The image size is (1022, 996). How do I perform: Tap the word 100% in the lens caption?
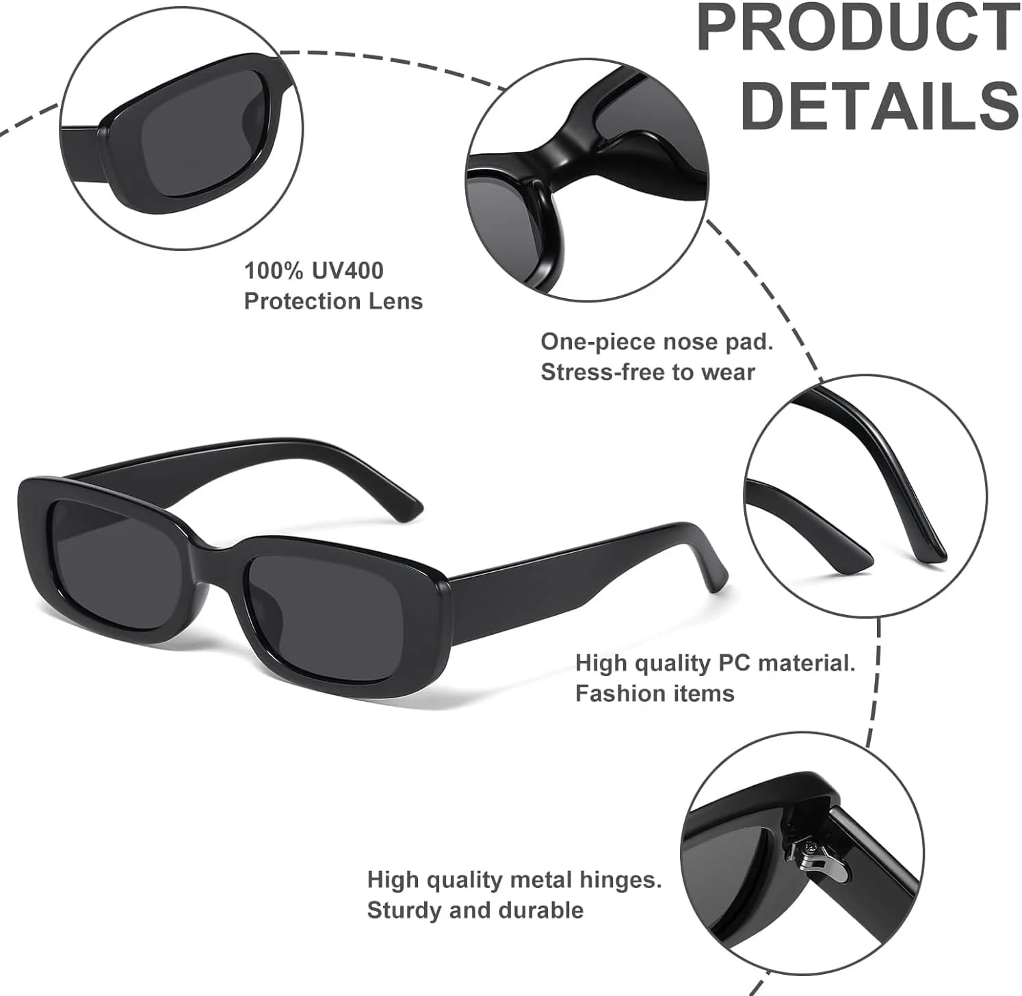tap(274, 270)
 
